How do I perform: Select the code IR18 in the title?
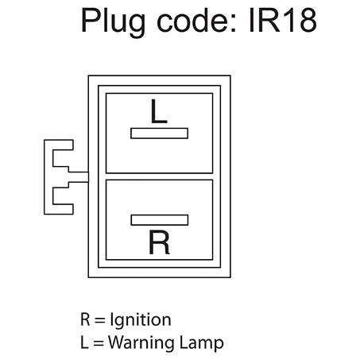click(x=283, y=20)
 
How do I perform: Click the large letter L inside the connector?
click(x=159, y=111)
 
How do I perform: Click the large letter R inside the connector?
click(x=159, y=242)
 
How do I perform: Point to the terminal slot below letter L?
click(x=160, y=134)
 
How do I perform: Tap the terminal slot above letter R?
click(x=160, y=220)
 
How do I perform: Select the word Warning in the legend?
click(x=142, y=343)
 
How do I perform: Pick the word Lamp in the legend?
click(x=202, y=343)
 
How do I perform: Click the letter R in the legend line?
click(x=85, y=319)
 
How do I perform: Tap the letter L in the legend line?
click(x=84, y=343)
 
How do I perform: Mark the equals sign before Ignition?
click(x=100, y=320)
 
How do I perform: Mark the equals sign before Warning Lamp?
click(x=98, y=343)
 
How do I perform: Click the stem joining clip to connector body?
click(x=79, y=177)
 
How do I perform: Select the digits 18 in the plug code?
click(x=299, y=20)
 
